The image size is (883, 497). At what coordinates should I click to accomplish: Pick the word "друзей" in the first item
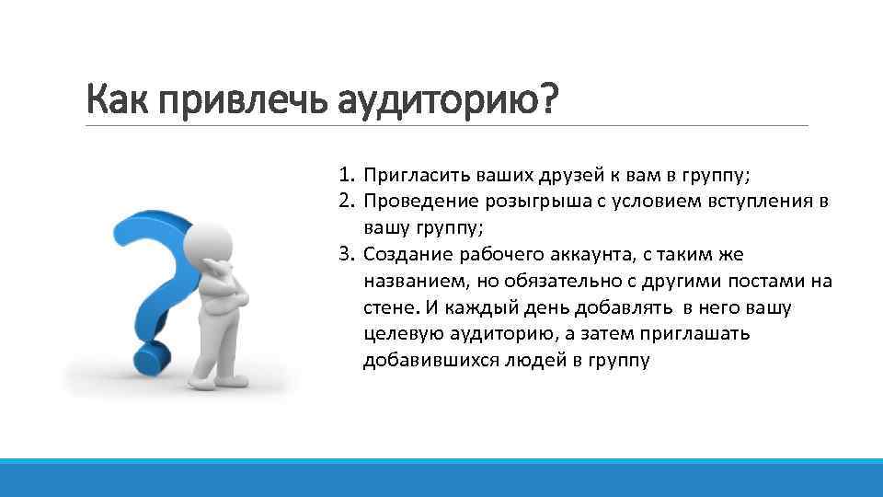[x=553, y=175]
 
